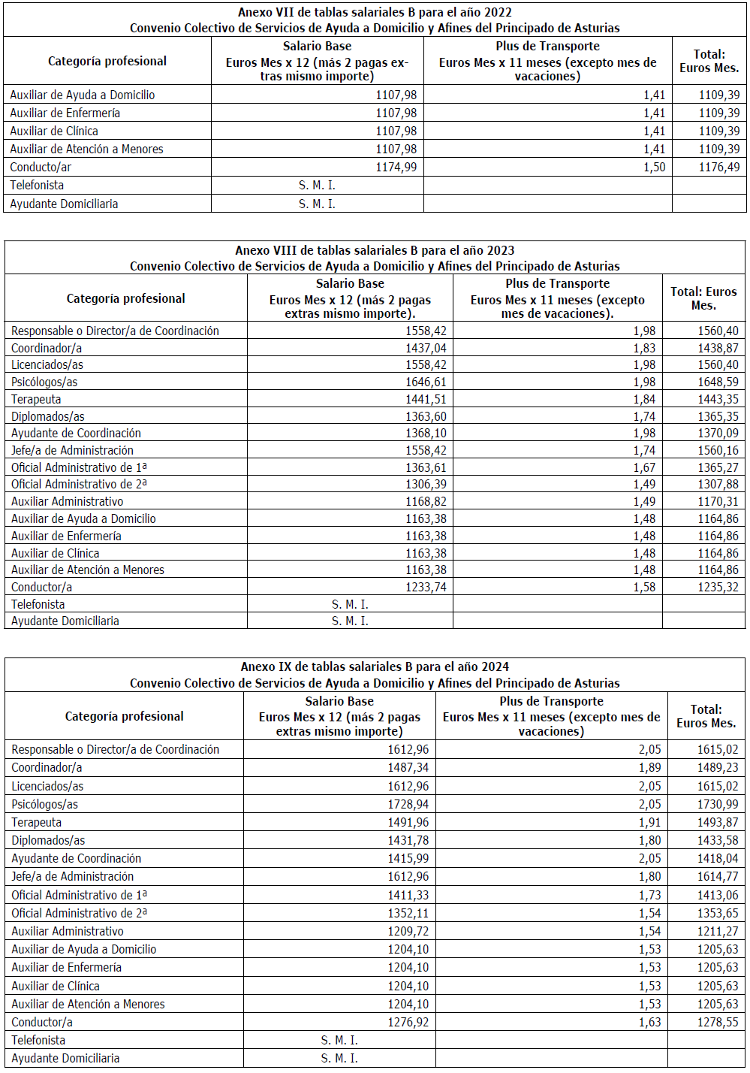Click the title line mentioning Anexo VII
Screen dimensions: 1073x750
tap(375, 12)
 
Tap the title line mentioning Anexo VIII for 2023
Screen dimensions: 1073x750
tap(375, 250)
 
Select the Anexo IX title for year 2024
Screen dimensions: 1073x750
tap(375, 666)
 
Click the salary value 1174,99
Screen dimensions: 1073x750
tap(396, 167)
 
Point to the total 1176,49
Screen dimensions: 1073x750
tap(718, 167)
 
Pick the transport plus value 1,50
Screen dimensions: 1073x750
tap(654, 167)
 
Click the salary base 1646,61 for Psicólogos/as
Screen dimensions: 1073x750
tap(426, 382)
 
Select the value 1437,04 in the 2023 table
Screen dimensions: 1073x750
tap(426, 348)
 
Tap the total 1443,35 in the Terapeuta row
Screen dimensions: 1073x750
tap(718, 399)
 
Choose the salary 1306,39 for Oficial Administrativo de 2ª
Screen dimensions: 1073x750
tap(426, 485)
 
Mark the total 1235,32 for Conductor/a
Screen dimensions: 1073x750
tap(718, 587)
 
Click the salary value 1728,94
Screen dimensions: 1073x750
tap(408, 804)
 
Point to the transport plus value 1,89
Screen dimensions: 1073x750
tap(649, 767)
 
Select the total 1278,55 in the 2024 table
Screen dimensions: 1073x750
tap(718, 1022)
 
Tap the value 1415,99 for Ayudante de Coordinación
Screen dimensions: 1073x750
tap(408, 858)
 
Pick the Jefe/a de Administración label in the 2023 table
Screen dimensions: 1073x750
tap(72, 450)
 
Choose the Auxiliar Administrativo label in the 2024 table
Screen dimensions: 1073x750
tap(68, 931)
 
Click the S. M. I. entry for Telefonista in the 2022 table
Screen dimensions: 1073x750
tap(317, 185)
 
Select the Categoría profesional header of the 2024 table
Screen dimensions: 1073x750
tap(124, 716)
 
